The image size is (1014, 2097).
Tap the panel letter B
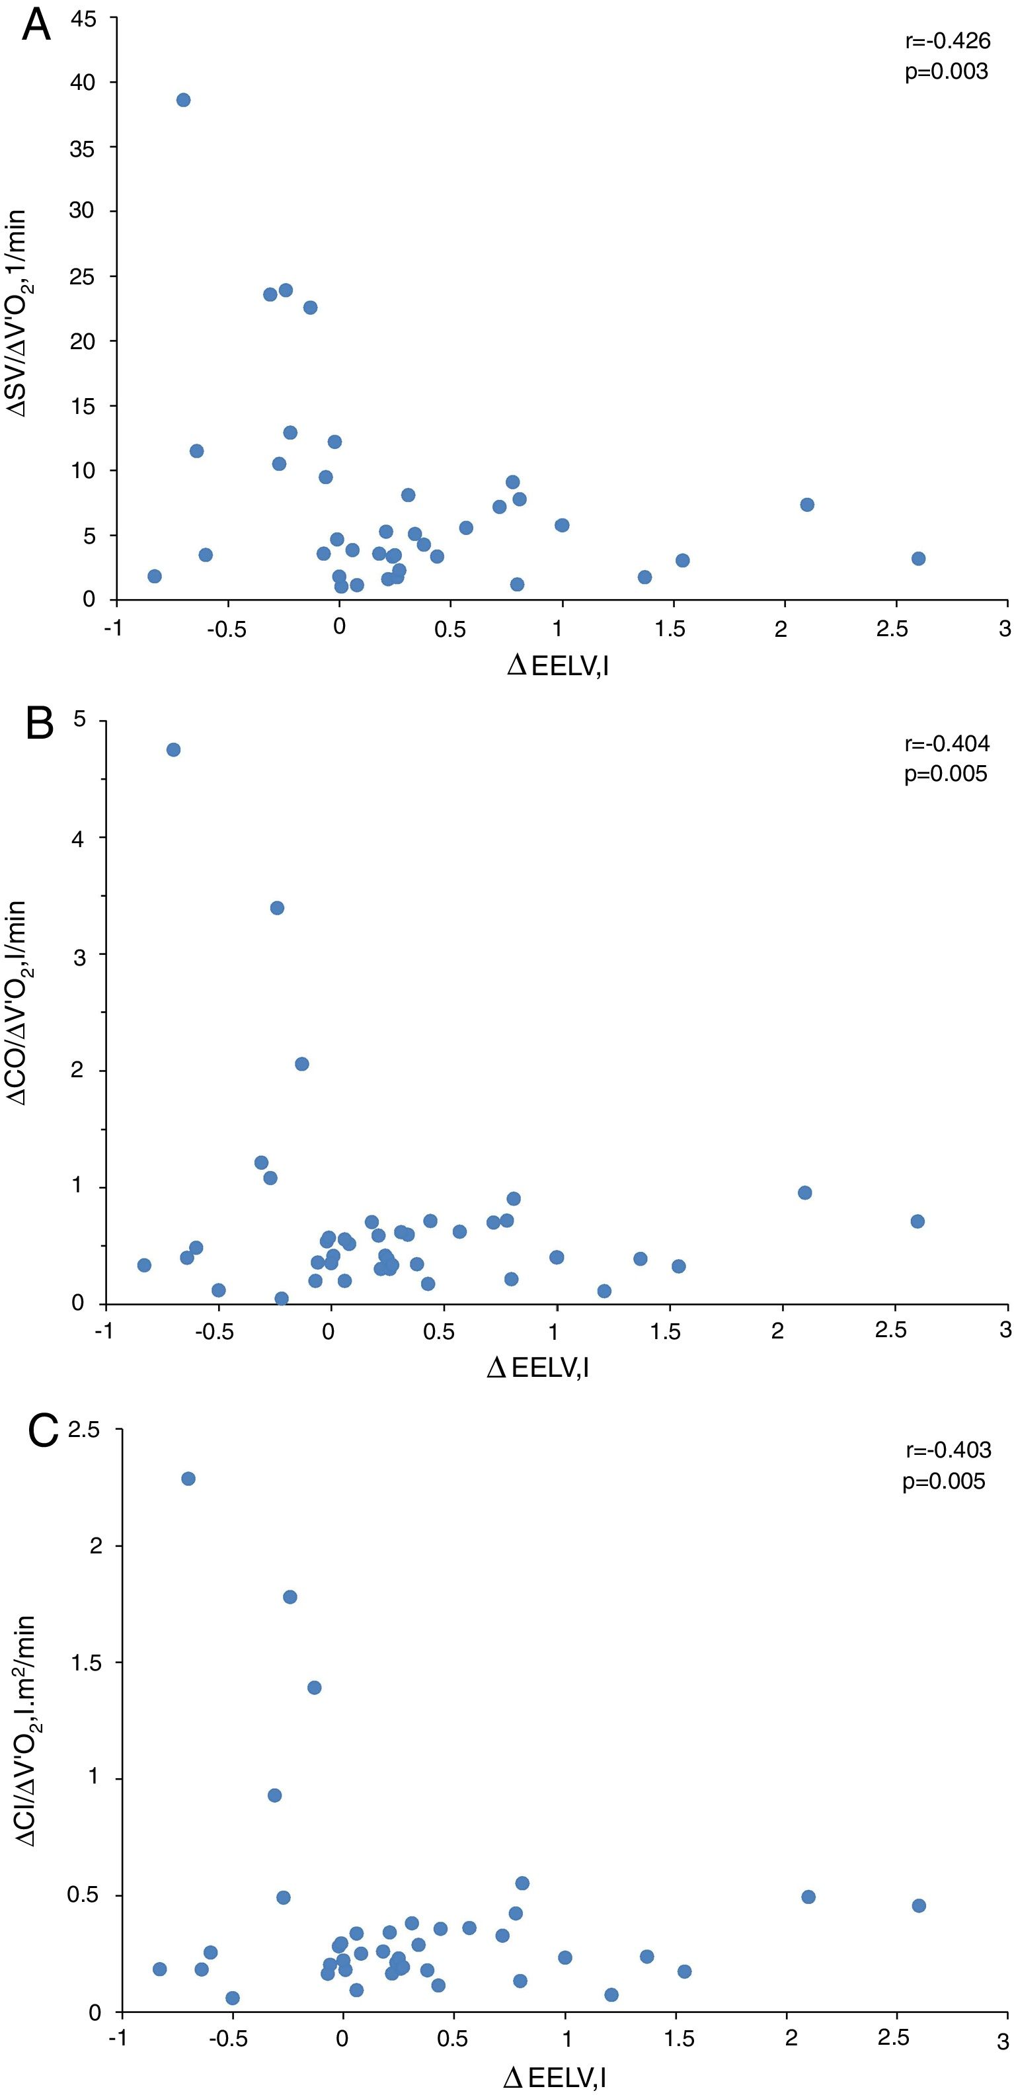point(39,723)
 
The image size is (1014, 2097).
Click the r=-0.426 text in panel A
point(947,41)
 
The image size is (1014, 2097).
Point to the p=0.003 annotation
point(946,71)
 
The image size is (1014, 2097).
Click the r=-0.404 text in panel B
point(947,743)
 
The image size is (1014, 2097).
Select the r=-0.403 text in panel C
point(948,1450)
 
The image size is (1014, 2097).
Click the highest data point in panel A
point(183,100)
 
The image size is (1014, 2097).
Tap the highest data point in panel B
point(173,750)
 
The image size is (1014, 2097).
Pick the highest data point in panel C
point(188,1478)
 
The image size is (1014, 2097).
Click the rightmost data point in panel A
point(918,558)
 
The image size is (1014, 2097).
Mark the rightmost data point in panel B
point(917,1221)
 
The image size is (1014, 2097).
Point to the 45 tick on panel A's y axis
point(83,18)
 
